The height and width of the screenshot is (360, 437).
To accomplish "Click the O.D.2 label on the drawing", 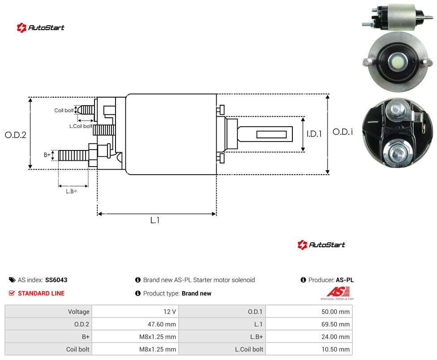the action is [x=16, y=135].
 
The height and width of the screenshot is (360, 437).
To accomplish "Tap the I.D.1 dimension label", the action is [x=314, y=134].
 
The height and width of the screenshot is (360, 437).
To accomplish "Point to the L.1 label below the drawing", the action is [x=155, y=220].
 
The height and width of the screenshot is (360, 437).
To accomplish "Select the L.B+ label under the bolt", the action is [x=72, y=191].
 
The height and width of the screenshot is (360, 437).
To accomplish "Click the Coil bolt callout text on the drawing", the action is [x=64, y=110].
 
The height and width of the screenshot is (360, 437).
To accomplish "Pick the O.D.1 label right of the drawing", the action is [x=343, y=132].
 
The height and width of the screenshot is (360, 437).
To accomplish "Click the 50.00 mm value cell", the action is [x=335, y=312].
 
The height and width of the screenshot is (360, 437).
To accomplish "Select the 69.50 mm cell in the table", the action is [x=335, y=324].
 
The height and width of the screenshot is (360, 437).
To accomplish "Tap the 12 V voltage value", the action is [x=170, y=312].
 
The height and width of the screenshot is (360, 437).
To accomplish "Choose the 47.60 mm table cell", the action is [x=162, y=324].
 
